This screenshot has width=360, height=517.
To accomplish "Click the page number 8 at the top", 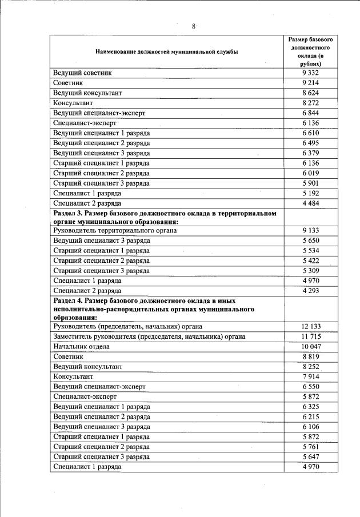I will point(194,26).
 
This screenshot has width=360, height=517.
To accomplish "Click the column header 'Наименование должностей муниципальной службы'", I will point(167,52).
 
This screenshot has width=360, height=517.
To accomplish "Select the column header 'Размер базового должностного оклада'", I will point(310,52).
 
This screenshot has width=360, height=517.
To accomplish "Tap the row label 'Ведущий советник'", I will point(82,73).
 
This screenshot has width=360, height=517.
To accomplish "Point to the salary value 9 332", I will point(310,73).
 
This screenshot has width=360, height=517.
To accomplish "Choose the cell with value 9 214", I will point(310,83).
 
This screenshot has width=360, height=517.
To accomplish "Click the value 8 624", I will point(310,93).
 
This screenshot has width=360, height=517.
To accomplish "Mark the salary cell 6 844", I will point(310,113).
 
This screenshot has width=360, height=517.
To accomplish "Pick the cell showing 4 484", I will point(310,203).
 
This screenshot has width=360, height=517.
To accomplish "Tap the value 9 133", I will point(310,230).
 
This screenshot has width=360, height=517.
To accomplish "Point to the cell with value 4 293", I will point(310,291).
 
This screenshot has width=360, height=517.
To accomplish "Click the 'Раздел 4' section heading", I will point(154,308).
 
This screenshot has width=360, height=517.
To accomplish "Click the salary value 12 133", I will point(310,326).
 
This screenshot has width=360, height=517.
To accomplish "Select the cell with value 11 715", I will point(310,336).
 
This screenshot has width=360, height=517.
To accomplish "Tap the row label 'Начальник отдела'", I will point(81,347).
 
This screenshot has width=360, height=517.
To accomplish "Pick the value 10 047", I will point(310,347).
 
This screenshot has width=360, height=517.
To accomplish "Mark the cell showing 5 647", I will point(310,456).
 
